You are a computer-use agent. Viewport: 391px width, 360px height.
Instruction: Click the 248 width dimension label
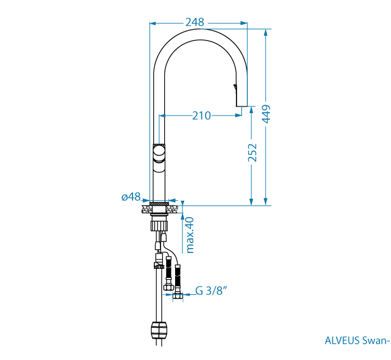click(x=195, y=22)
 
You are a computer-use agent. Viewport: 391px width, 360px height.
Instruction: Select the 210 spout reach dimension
click(x=201, y=115)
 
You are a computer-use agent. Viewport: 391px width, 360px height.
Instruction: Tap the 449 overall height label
click(x=266, y=114)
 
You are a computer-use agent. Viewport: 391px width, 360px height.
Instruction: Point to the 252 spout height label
click(x=252, y=153)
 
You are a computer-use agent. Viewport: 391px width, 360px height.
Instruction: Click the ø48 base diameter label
click(x=131, y=196)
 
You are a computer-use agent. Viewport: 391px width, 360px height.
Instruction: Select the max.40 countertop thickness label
click(x=190, y=234)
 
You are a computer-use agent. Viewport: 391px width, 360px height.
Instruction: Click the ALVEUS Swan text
click(x=356, y=340)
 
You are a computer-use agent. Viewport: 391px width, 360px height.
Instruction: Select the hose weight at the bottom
click(x=158, y=330)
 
